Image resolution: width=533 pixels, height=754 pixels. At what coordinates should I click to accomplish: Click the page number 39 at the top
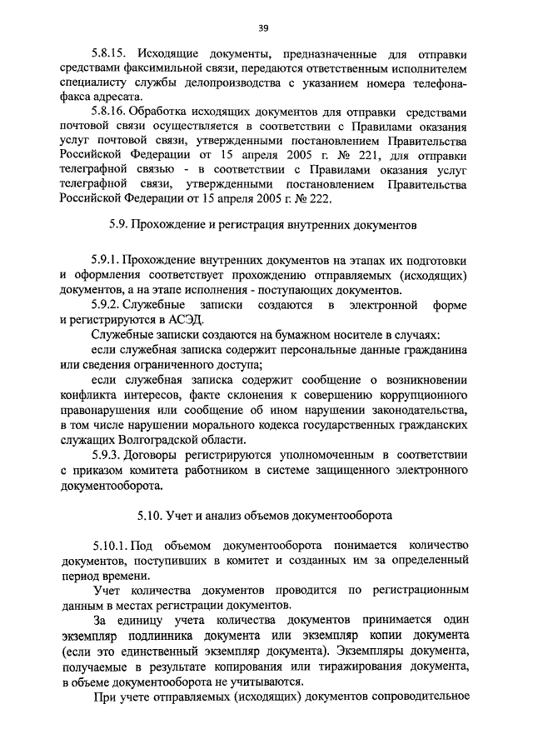pos(262,28)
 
